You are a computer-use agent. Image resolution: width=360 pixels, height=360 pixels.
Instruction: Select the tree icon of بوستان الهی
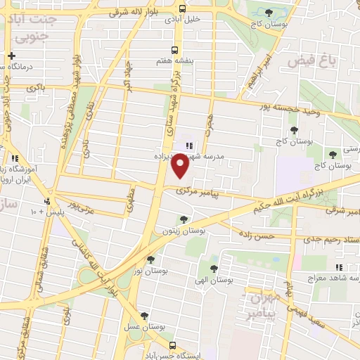pyautogui.click(x=213, y=268)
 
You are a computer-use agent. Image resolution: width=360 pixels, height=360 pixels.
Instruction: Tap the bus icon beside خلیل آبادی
pyautogui.click(x=183, y=10)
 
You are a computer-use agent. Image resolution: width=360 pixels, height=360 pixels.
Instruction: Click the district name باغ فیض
pyautogui.click(x=307, y=63)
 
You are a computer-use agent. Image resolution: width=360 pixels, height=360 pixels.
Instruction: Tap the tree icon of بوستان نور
pyautogui.click(x=150, y=259)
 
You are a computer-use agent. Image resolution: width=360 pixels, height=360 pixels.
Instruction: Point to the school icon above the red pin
pyautogui.click(x=188, y=146)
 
